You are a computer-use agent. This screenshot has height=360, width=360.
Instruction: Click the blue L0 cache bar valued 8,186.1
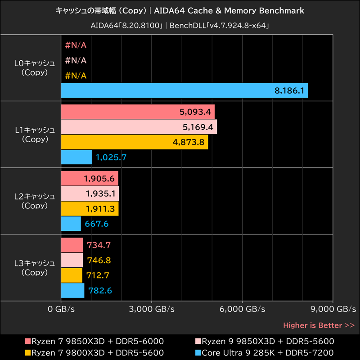tap(184, 90)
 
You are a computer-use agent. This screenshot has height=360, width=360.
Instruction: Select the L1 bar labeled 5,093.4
tap(137, 112)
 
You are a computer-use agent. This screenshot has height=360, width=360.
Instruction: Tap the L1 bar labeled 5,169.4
tap(139, 127)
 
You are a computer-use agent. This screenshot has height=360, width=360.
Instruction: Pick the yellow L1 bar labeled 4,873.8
tap(134, 142)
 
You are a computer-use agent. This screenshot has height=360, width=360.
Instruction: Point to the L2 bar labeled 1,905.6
tap(89, 178)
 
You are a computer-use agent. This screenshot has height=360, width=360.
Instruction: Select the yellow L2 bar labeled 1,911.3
tap(90, 208)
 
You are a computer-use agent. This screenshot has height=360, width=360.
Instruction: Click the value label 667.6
tap(96, 224)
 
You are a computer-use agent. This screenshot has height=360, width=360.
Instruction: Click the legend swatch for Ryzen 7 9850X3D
tap(28, 341)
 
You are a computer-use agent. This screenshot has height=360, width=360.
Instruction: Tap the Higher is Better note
tap(319, 325)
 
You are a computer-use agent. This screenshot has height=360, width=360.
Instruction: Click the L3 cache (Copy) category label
tap(35, 268)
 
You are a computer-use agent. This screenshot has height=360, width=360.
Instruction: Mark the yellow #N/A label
tap(76, 75)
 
